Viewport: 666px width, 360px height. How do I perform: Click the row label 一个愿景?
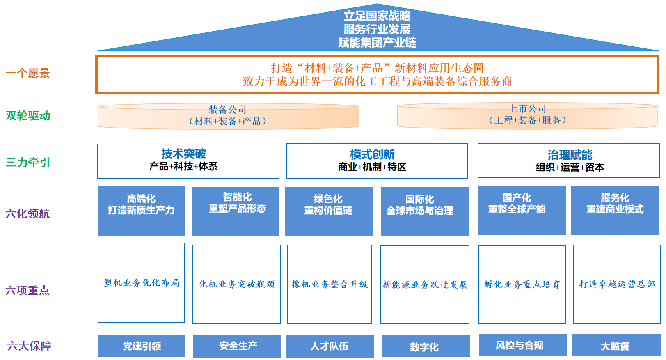click(x=27, y=73)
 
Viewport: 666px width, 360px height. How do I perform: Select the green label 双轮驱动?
click(x=28, y=116)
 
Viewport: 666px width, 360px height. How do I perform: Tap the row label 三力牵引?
click(x=28, y=162)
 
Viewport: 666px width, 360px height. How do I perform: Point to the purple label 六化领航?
click(x=27, y=213)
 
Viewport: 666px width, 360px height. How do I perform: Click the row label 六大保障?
click(x=30, y=346)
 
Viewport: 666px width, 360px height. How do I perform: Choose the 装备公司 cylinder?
click(x=228, y=116)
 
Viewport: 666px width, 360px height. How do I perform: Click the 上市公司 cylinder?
click(x=527, y=115)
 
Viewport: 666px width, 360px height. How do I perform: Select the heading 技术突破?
click(x=183, y=154)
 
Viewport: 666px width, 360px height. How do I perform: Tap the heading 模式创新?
click(x=372, y=154)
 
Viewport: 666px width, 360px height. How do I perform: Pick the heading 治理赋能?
click(x=570, y=155)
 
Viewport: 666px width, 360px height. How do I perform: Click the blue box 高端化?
click(x=141, y=211)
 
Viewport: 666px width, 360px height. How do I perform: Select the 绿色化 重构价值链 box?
click(x=329, y=211)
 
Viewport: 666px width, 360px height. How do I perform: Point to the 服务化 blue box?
click(x=615, y=210)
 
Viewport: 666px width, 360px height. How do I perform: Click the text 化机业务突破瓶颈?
click(x=237, y=284)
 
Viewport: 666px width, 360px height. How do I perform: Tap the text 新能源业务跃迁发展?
click(x=425, y=284)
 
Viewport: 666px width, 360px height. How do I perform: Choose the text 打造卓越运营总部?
click(x=617, y=284)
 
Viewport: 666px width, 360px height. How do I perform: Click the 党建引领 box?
click(x=141, y=346)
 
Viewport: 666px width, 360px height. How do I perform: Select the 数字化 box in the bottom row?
click(x=426, y=346)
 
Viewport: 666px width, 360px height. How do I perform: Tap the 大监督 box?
click(x=616, y=346)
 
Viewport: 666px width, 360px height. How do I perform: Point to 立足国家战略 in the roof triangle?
click(x=377, y=16)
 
